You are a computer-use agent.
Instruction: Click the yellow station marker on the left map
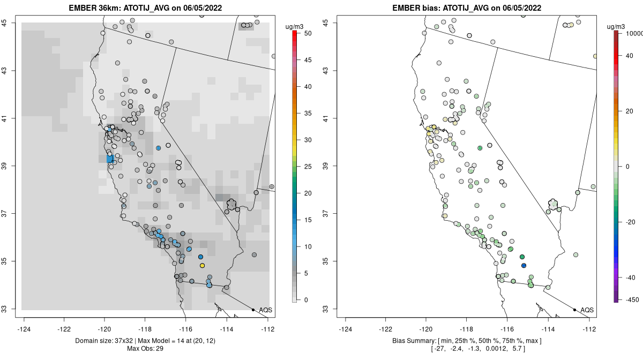202,266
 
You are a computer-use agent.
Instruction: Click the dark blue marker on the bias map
524,266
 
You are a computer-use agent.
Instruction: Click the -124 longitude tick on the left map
24,329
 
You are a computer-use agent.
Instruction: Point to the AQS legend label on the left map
266,310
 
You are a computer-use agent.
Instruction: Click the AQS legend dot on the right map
574,310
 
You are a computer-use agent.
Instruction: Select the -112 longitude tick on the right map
589,329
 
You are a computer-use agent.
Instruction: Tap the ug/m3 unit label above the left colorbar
295,26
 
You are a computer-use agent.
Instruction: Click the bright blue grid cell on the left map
110,159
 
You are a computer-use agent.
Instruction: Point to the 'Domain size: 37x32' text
110,341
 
